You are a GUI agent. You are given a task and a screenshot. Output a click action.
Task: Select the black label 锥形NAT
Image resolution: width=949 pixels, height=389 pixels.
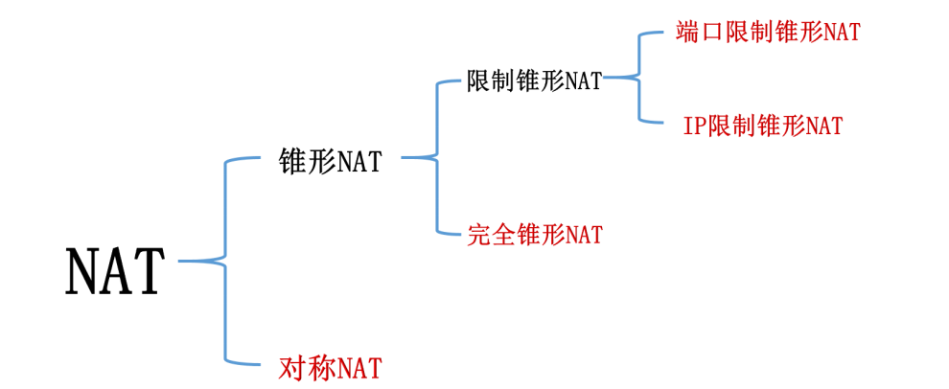pyautogui.click(x=329, y=161)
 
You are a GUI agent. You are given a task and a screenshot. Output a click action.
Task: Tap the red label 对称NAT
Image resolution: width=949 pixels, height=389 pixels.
pyautogui.click(x=330, y=366)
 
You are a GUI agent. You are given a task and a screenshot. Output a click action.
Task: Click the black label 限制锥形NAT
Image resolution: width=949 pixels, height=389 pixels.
pyautogui.click(x=534, y=80)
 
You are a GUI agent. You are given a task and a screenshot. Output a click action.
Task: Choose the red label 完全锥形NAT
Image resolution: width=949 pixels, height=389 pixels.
pyautogui.click(x=535, y=234)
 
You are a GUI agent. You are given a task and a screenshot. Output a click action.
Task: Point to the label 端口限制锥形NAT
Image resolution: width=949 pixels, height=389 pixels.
pyautogui.click(x=767, y=32)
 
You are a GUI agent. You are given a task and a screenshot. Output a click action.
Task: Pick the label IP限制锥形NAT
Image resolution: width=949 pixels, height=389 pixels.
pyautogui.click(x=763, y=125)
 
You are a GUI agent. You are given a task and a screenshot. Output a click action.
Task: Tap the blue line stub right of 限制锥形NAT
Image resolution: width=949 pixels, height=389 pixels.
pyautogui.click(x=619, y=77)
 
